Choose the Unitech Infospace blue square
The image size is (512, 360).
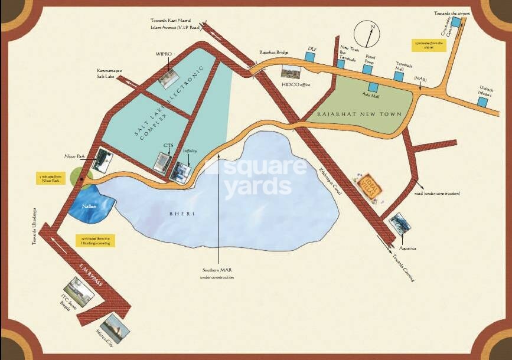[x=482, y=102]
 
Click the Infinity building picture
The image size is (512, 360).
[x=180, y=171]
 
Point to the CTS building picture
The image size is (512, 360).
[x=162, y=162]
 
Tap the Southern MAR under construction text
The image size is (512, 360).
[x=216, y=273]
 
